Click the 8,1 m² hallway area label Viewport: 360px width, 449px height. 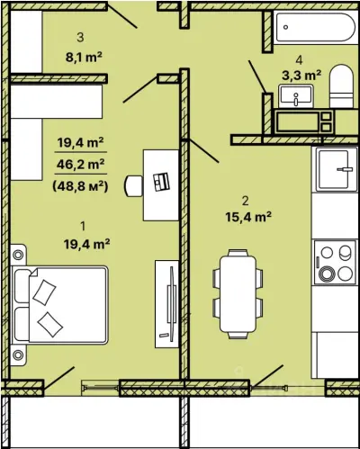click(84, 57)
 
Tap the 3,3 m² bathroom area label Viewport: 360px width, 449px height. click(301, 75)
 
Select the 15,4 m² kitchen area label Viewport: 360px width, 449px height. click(248, 217)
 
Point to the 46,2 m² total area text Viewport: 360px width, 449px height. click(81, 164)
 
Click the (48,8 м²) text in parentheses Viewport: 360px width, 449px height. click(80, 186)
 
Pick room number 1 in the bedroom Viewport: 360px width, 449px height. click(83, 226)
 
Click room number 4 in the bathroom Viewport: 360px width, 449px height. click(299, 60)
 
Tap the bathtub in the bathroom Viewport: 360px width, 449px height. click(315, 27)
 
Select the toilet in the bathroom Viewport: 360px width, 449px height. click(341, 86)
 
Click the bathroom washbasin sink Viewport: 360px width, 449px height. click(296, 96)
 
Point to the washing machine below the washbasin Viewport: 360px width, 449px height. click(304, 121)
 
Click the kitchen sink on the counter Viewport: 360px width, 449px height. click(334, 169)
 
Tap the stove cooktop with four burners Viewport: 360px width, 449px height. click(336, 263)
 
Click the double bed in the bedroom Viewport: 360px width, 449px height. click(59, 305)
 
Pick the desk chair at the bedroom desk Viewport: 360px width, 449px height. click(134, 186)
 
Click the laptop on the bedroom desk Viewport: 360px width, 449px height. click(161, 182)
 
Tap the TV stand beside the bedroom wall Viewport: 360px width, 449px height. click(166, 304)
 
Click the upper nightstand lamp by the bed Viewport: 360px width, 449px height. click(18, 255)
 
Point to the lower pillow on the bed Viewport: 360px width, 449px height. click(49, 325)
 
